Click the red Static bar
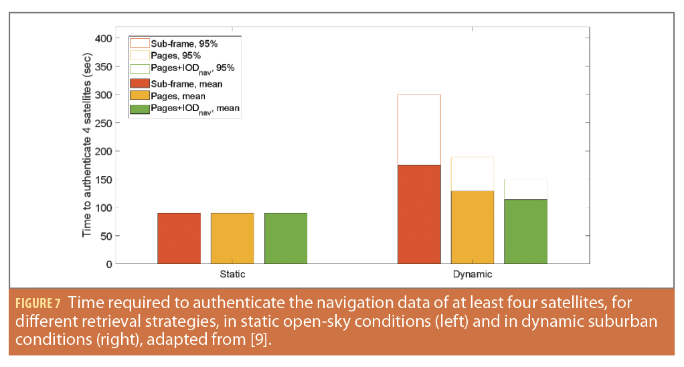(179, 238)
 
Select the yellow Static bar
(232, 238)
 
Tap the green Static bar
(286, 238)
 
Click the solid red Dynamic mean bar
(419, 214)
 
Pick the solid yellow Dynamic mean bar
(473, 227)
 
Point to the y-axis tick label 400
(104, 38)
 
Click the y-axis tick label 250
(104, 123)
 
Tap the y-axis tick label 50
(106, 236)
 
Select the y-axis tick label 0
(109, 264)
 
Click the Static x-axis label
(232, 275)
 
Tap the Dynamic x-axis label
(473, 275)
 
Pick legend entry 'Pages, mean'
(177, 96)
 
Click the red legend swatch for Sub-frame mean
(139, 84)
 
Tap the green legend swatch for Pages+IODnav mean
(139, 108)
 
